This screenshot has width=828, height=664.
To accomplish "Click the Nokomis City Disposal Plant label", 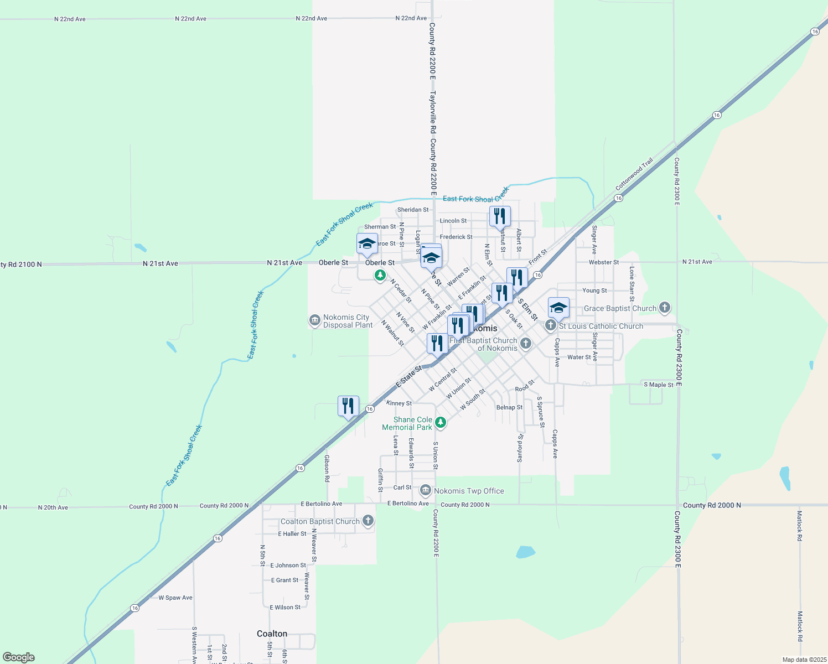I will (347, 321).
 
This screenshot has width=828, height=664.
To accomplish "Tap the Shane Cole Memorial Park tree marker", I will (441, 423).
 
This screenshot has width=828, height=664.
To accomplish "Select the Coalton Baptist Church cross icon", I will (368, 521).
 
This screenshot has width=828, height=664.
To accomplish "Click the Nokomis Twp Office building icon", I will (426, 490).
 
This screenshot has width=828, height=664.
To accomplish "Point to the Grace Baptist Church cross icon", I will (665, 308).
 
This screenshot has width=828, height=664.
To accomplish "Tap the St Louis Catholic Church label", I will (601, 326).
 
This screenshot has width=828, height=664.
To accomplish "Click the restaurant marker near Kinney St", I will (348, 407).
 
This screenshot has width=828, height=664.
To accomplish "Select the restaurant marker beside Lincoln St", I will (500, 216).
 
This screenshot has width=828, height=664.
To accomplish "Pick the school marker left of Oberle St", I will (367, 244).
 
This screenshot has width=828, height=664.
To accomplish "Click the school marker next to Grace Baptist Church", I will (558, 308).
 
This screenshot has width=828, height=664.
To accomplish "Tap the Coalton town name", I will (272, 634).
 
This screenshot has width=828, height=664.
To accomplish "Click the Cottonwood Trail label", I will (634, 174).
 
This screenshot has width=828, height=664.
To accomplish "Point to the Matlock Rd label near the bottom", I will (800, 622).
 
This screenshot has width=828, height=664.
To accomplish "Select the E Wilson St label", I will (285, 608).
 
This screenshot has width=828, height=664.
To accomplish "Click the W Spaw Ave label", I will (175, 598).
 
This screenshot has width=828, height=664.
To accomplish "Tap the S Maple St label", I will (659, 385).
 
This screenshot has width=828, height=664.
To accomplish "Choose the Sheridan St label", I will (413, 210).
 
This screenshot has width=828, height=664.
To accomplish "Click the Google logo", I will (19, 657).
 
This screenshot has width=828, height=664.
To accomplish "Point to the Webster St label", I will (604, 262).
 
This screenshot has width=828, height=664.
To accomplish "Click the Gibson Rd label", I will (327, 468).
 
